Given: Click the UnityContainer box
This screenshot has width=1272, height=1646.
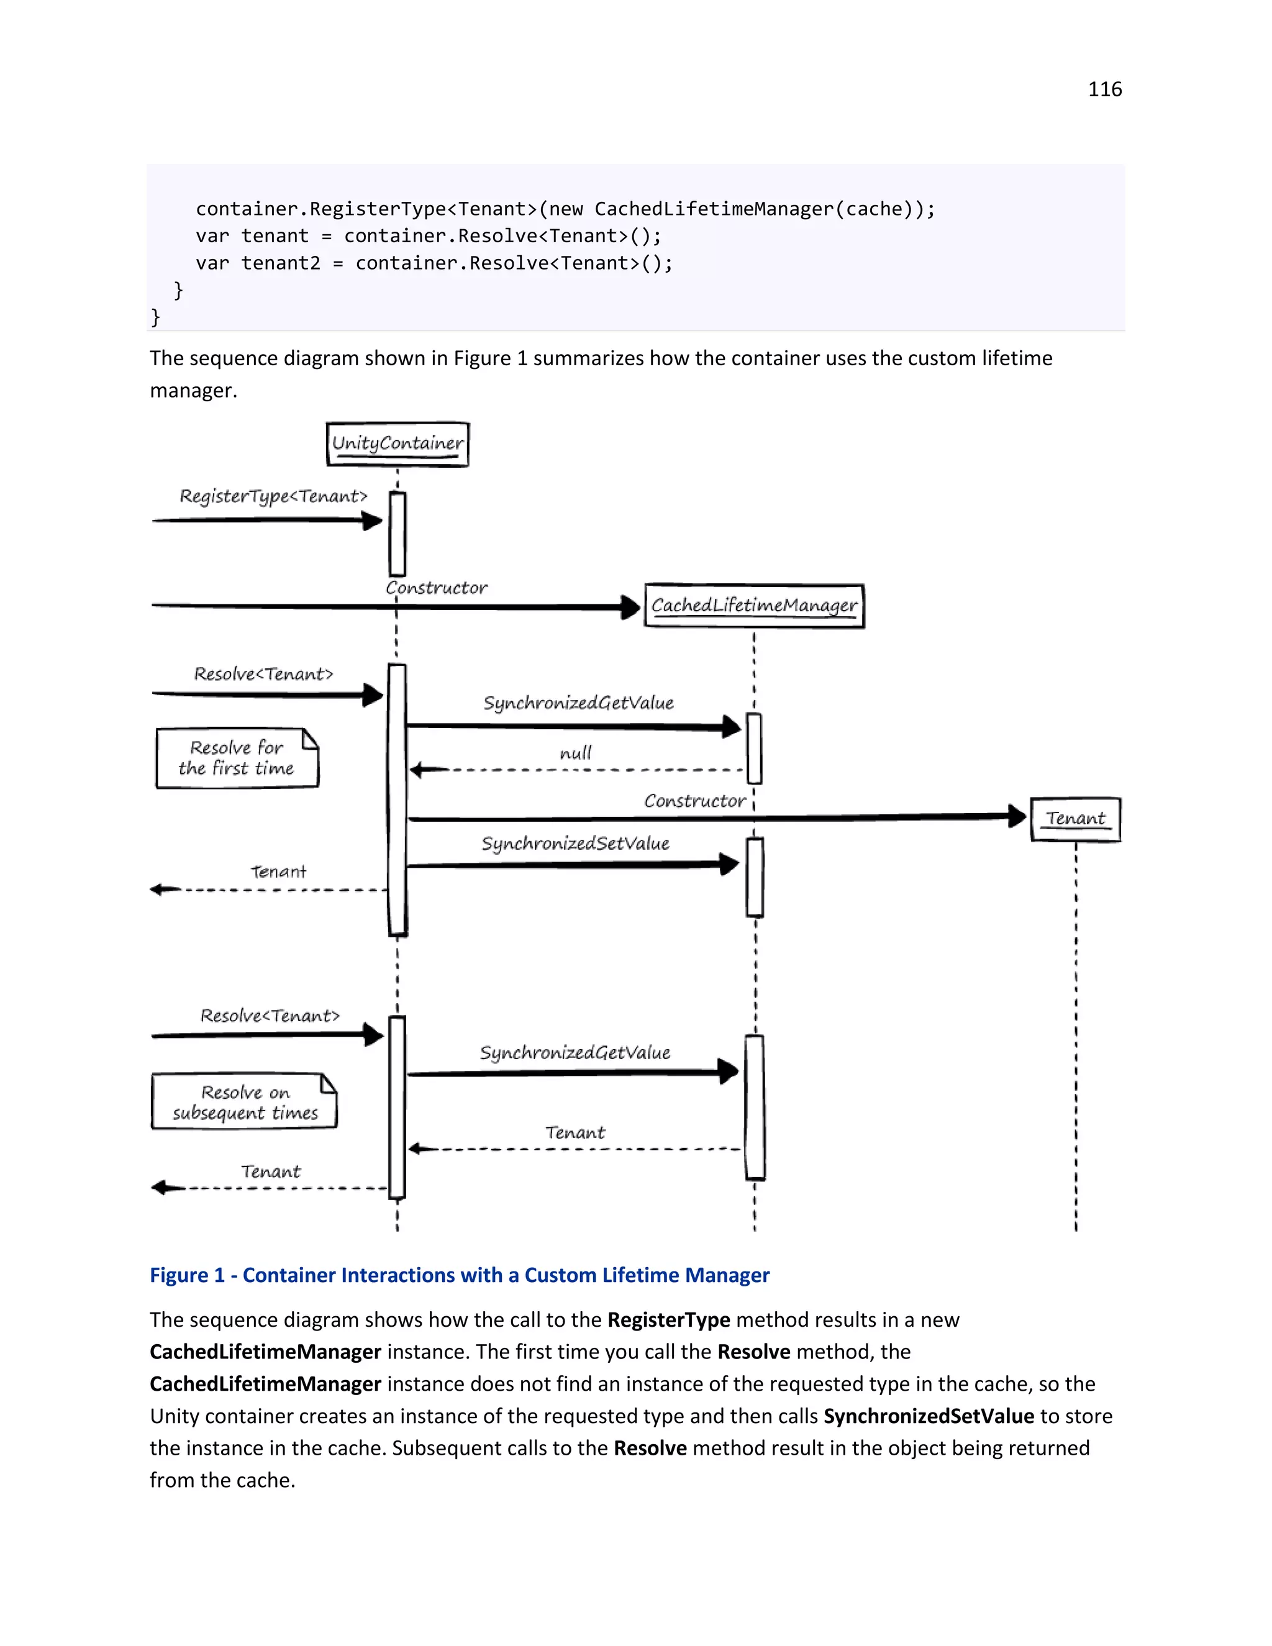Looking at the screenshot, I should point(398,444).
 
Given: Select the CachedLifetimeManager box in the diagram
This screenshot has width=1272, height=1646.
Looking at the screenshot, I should point(754,606).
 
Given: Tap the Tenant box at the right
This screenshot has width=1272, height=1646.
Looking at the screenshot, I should point(1075,819).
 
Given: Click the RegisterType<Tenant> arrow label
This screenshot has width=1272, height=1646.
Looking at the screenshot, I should point(273,496).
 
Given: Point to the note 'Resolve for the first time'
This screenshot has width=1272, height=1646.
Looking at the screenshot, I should point(237,758).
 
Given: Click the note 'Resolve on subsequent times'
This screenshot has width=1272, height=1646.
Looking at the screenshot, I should point(244,1102).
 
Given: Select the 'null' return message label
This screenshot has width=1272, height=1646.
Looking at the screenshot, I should point(576,753).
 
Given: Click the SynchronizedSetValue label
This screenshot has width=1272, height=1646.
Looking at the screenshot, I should point(576,843).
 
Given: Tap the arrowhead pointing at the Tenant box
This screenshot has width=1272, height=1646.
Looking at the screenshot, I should point(1017,816).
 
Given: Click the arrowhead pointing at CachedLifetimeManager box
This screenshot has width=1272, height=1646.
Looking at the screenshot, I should point(631,607).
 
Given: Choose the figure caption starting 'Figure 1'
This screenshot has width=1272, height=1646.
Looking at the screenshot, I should point(459,1275).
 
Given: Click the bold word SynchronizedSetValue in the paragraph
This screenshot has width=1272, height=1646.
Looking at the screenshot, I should point(929,1416).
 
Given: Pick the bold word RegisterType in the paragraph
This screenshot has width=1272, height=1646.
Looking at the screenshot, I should point(668,1320).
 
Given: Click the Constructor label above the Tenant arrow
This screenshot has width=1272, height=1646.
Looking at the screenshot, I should point(694,801).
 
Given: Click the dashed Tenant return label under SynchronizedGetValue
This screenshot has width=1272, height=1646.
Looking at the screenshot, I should point(575,1132).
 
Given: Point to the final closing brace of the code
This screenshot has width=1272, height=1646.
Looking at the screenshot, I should point(155,317).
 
